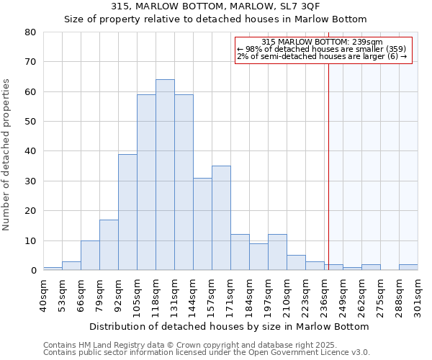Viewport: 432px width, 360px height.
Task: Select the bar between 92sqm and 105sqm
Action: (x=127, y=212)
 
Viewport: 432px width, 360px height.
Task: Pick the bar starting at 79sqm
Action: (x=109, y=245)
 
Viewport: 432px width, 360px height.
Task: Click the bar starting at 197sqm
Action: (x=277, y=252)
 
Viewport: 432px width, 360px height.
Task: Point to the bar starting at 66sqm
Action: (x=90, y=256)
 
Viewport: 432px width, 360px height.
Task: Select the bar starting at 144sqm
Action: (x=202, y=224)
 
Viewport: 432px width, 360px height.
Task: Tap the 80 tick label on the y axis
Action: (x=30, y=32)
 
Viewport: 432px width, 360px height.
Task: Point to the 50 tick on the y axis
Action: (x=30, y=122)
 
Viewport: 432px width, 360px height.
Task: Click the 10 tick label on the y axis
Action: (x=30, y=240)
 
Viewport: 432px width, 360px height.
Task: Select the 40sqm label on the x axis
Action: (x=43, y=293)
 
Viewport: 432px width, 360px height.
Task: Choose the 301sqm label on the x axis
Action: (x=418, y=293)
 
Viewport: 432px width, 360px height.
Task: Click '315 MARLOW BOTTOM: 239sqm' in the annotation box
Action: (x=322, y=42)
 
